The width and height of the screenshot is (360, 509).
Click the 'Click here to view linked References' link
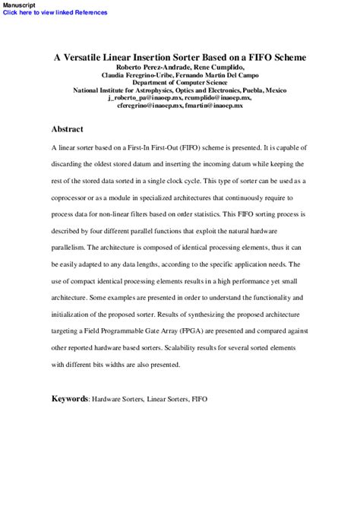(x=55, y=13)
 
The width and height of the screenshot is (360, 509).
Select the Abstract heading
(x=67, y=129)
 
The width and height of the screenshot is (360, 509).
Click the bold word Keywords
(x=69, y=398)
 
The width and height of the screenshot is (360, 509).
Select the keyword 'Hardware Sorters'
(x=116, y=399)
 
